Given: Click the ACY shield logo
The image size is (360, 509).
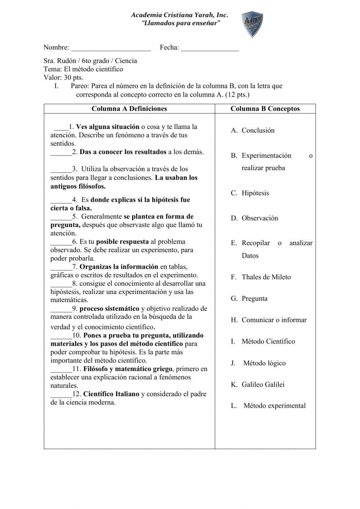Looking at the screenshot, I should click(x=252, y=24).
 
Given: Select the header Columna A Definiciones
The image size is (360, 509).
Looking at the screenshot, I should click(x=129, y=109).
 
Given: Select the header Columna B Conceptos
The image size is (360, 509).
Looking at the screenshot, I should click(x=265, y=109).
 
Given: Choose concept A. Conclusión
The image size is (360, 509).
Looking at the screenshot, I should click(x=253, y=130).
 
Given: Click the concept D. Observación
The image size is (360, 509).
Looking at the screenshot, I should click(x=255, y=218).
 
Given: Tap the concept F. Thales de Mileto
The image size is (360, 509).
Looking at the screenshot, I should click(x=261, y=277).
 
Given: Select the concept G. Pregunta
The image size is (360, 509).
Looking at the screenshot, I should click(x=249, y=299).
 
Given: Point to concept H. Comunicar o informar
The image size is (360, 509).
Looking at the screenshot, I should click(x=269, y=320).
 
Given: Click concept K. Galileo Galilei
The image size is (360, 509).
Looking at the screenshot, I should click(x=258, y=384).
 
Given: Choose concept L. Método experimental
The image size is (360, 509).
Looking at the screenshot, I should click(x=269, y=406).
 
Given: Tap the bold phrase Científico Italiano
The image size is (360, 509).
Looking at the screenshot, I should click(x=111, y=394).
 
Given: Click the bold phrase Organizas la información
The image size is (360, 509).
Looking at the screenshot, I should click(x=119, y=267).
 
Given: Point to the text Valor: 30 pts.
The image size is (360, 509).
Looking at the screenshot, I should click(x=63, y=77).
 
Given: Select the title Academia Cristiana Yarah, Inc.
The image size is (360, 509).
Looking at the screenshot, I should click(x=179, y=15).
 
